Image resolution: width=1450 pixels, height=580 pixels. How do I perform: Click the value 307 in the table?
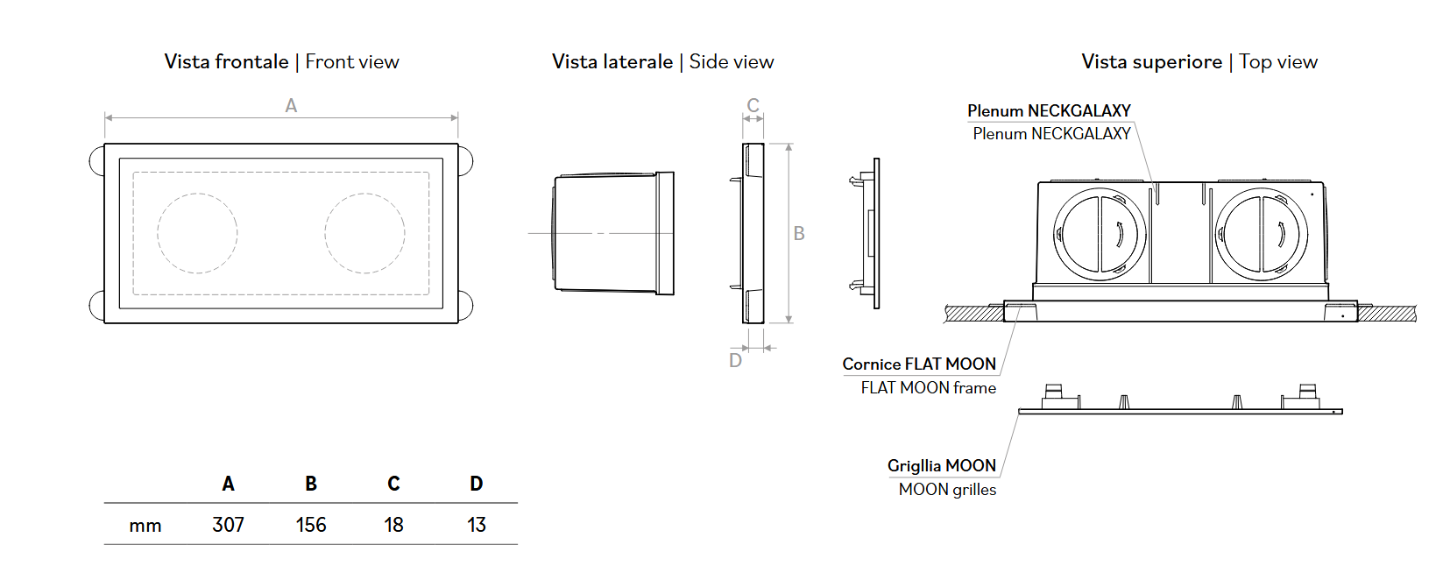228,525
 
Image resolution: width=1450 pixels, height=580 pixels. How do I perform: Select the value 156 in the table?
311,525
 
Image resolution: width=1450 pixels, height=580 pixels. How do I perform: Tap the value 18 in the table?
393,525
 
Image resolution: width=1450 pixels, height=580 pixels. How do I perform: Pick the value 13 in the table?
477,525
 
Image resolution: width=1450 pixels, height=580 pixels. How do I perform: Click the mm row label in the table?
145,526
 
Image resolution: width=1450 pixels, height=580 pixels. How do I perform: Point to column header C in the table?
393,484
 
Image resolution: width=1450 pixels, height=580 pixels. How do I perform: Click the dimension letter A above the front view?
291,105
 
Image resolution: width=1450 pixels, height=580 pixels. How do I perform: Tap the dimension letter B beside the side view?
799,233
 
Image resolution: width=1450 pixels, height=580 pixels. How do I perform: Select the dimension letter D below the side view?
736,361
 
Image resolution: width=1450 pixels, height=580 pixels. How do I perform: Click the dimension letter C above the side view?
753,105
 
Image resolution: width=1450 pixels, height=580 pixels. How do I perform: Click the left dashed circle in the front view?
197,233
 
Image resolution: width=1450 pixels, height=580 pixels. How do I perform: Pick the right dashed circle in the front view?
364,233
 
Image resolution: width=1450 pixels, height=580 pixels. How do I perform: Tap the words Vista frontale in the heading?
226,61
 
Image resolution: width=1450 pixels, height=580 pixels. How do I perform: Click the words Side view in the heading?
732,61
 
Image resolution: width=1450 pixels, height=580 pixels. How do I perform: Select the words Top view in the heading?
1278,61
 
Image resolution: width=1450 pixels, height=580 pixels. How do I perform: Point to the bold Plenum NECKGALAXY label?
1049,110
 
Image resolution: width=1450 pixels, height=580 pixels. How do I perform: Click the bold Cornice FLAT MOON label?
919,364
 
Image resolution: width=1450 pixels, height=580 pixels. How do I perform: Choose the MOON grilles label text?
947,490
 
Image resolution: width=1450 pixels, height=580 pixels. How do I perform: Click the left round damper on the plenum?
1100,234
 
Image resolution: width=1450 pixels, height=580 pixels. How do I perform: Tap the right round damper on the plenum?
1262,234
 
